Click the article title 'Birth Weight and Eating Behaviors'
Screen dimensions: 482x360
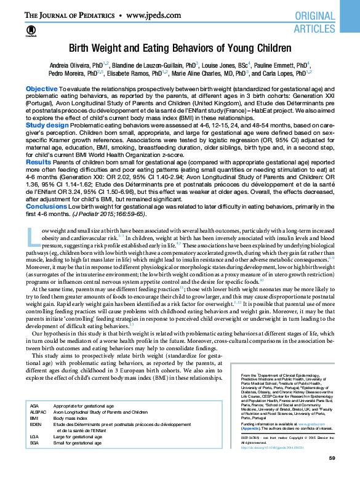click(180, 48)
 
